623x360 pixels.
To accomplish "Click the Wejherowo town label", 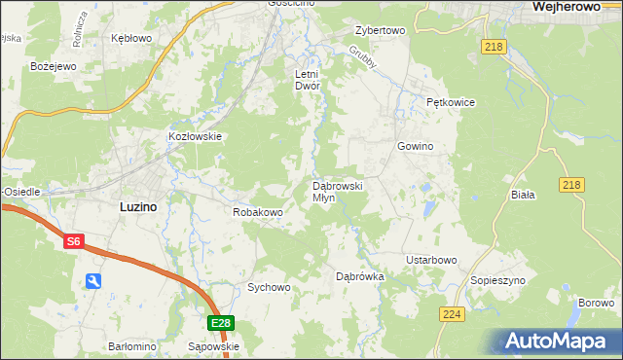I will pyautogui.click(x=571, y=7).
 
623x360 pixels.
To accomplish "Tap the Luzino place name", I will pyautogui.click(x=138, y=206).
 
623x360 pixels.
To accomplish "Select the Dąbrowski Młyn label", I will pyautogui.click(x=337, y=191).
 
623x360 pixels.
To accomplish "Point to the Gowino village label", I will pyautogui.click(x=414, y=146).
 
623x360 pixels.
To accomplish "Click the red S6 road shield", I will pyautogui.click(x=74, y=242).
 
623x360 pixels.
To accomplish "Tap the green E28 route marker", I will pyautogui.click(x=221, y=323).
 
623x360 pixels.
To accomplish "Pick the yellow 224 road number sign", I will pyautogui.click(x=451, y=314).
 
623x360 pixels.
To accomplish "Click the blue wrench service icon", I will pyautogui.click(x=93, y=281).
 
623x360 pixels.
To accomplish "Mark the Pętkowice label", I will pyautogui.click(x=449, y=101).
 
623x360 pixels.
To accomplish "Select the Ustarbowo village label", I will pyautogui.click(x=431, y=260).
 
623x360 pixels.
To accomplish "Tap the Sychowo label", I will pyautogui.click(x=269, y=287).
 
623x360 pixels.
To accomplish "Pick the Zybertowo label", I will pyautogui.click(x=380, y=30).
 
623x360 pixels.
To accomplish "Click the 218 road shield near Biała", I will pyautogui.click(x=571, y=185).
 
